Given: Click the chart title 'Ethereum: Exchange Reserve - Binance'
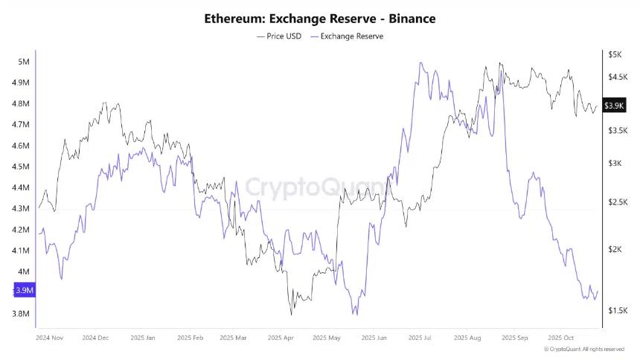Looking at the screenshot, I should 320,18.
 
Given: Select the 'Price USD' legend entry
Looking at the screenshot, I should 279,36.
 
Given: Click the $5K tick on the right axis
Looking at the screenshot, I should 615,55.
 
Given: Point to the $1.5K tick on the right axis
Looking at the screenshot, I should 618,310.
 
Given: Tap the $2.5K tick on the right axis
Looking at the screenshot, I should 618,202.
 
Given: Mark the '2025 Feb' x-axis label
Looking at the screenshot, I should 191,338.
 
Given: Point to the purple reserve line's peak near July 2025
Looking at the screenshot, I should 421,63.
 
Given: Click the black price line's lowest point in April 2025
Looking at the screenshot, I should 291,314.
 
